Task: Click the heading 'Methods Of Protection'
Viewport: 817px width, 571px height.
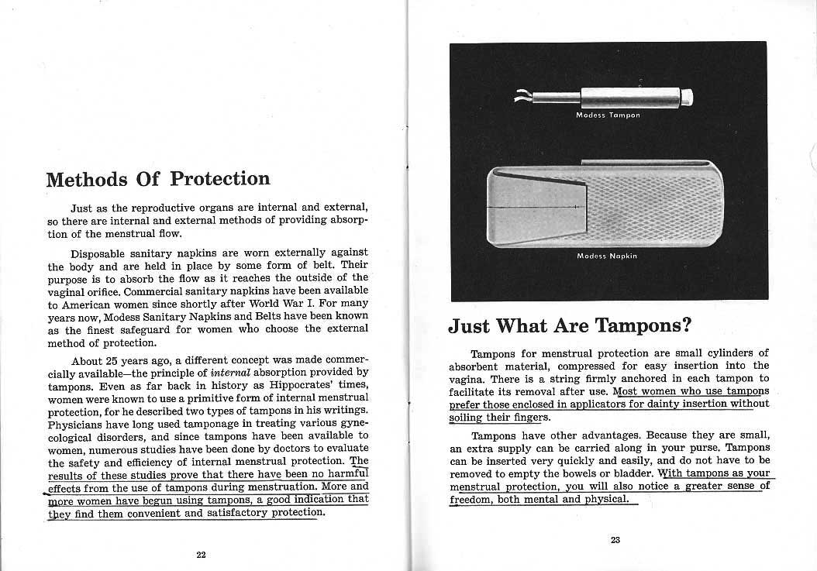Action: [158, 179]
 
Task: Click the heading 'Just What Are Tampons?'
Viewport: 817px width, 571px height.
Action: [570, 325]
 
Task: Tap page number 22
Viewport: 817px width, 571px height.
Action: [201, 553]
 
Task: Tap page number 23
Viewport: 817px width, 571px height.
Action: [615, 540]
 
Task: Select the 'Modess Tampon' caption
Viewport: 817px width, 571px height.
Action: [607, 115]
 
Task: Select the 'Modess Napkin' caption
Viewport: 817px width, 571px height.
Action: [607, 256]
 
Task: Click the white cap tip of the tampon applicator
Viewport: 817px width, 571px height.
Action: [686, 98]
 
